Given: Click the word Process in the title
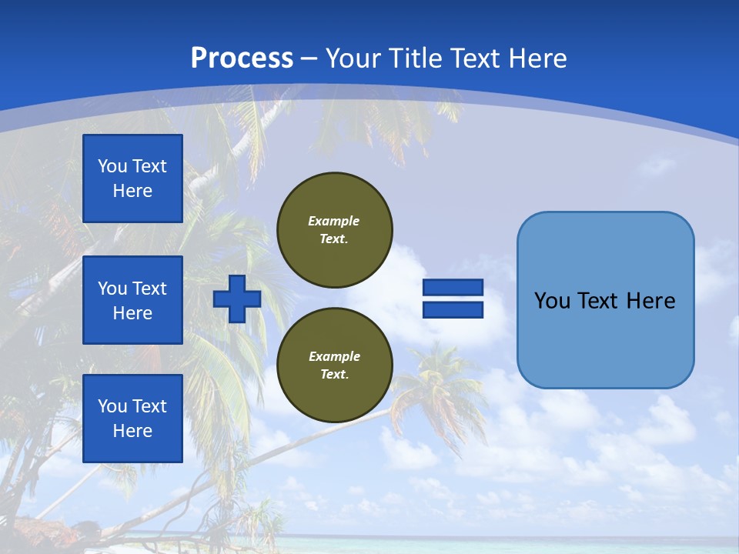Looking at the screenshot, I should point(242,58).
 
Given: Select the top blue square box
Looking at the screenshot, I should point(132,179).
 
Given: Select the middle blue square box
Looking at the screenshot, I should point(132,300).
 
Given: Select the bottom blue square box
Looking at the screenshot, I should point(132,419).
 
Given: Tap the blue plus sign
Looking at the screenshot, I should point(237,299).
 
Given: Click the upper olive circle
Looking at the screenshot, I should point(334,230).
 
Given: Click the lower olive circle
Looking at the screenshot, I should point(334,365).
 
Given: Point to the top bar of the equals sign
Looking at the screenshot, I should point(453,288).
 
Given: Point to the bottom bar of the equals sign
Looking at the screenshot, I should point(453,310).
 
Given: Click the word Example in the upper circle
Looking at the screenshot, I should point(334,221).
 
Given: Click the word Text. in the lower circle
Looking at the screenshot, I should point(334,375).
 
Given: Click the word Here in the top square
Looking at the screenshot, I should point(132,191).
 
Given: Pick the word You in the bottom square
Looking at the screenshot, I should point(112,406).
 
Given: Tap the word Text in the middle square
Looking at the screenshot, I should point(149,289).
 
